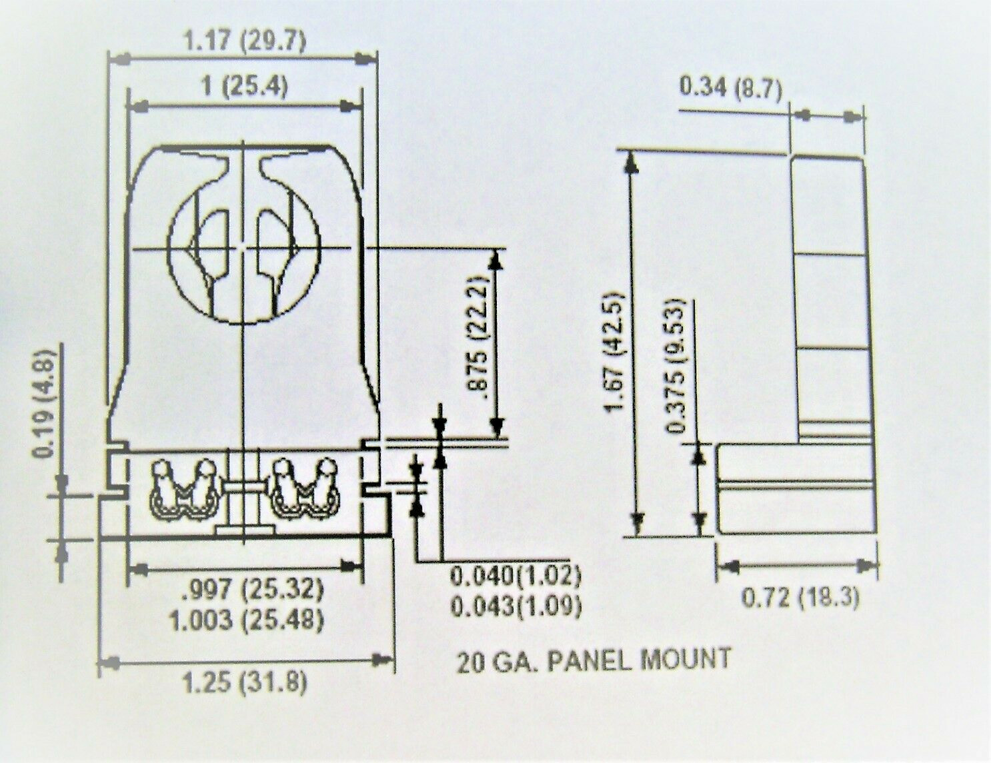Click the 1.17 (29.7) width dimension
[245, 41]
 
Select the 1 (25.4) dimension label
[245, 86]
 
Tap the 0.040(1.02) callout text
[516, 575]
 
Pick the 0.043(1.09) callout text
[516, 606]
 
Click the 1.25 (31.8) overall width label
[245, 683]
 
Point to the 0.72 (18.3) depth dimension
[800, 596]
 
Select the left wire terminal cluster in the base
[181, 490]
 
